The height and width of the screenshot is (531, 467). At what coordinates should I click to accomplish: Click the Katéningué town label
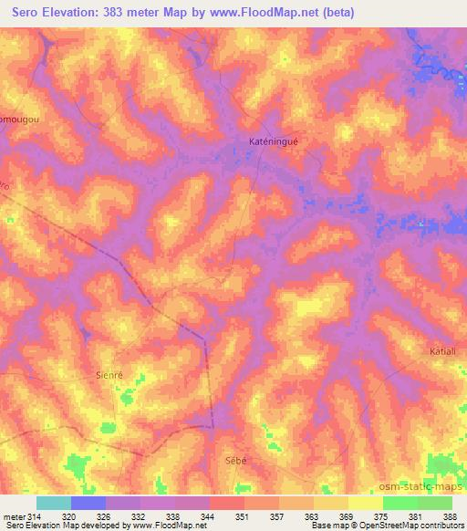coord(274,142)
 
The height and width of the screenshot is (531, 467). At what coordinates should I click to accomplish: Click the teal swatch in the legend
coord(53,503)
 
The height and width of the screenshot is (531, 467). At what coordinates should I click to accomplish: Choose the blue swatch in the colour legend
coord(88,503)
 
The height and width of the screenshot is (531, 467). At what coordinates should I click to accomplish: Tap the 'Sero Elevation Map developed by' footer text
coord(64,526)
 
